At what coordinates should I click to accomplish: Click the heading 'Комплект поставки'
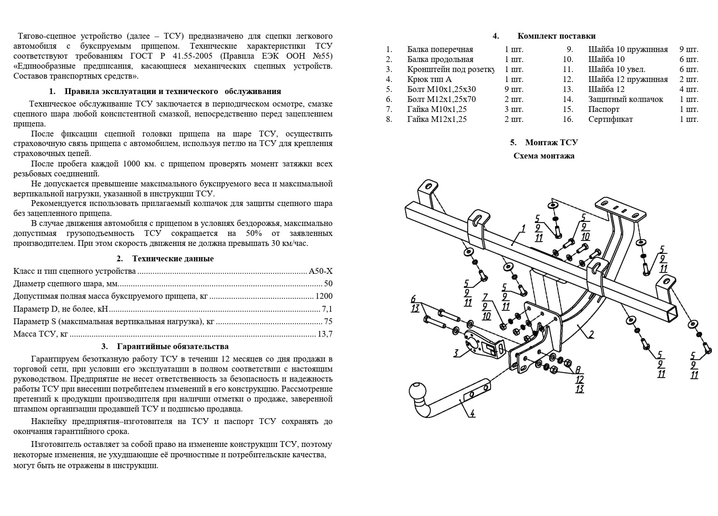(556, 36)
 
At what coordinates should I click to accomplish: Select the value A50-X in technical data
(321, 271)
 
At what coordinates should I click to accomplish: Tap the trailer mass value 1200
(324, 296)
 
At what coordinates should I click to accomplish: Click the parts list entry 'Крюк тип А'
(429, 79)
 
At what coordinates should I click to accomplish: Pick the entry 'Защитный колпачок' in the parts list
(625, 99)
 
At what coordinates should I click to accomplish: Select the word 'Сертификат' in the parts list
(610, 119)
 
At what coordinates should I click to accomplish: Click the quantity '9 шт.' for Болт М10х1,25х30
(514, 89)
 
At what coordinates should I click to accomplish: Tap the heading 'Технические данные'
(173, 259)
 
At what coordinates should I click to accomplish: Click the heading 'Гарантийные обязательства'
(173, 347)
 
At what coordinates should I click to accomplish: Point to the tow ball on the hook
(417, 391)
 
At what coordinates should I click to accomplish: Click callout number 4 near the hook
(472, 413)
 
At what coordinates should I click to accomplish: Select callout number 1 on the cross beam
(523, 228)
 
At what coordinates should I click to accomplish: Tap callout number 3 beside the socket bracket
(456, 353)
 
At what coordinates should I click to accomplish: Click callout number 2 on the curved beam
(591, 334)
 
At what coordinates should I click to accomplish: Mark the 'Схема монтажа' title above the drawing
(544, 156)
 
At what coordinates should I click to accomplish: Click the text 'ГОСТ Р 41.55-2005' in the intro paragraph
(171, 56)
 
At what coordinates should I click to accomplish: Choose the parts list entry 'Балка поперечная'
(440, 50)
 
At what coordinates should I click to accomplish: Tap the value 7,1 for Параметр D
(327, 309)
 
